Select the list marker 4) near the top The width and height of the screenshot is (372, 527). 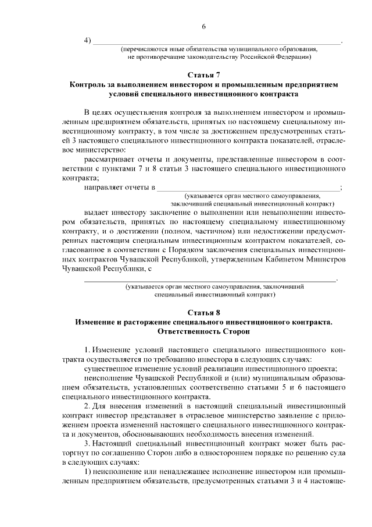tap(88, 40)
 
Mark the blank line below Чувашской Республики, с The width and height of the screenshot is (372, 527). tap(210, 280)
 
